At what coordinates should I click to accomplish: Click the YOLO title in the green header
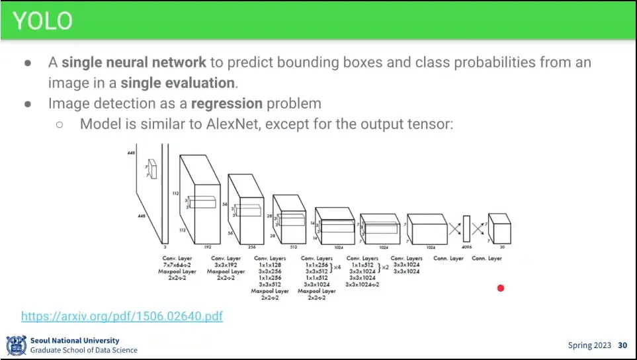pyautogui.click(x=42, y=21)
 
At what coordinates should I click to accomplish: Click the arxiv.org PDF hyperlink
pyautogui.click(x=122, y=316)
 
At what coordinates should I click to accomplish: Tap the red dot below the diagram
pyautogui.click(x=501, y=288)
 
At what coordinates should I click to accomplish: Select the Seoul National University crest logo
pyautogui.click(x=16, y=345)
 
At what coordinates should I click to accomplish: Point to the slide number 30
pyautogui.click(x=622, y=345)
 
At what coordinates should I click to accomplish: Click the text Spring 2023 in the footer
pyautogui.click(x=589, y=345)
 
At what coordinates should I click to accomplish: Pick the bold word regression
pyautogui.click(x=227, y=103)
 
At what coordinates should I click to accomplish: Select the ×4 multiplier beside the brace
pyautogui.click(x=337, y=267)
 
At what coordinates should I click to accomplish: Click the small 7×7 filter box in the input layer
pyautogui.click(x=153, y=169)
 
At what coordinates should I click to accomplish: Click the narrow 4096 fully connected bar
pyautogui.click(x=466, y=229)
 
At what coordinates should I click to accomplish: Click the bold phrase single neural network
pyautogui.click(x=134, y=63)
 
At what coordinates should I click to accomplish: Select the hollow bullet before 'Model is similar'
pyautogui.click(x=60, y=124)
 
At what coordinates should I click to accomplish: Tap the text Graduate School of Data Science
pyautogui.click(x=84, y=350)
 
